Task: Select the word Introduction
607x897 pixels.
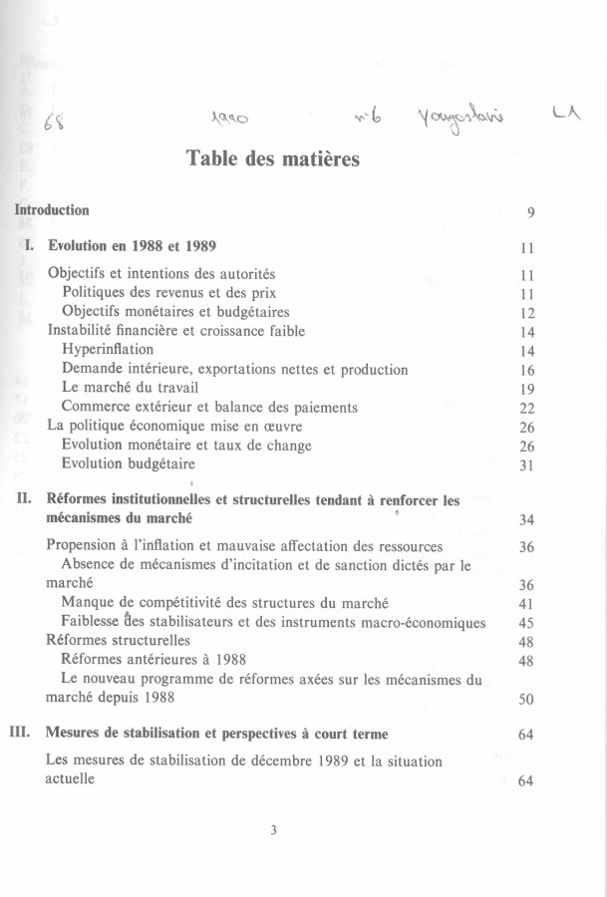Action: (51, 210)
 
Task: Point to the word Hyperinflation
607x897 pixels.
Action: (108, 350)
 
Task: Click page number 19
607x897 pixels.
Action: (528, 389)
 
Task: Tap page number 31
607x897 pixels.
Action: (528, 464)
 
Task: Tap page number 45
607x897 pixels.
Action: (528, 623)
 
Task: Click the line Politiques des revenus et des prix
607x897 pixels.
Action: (168, 293)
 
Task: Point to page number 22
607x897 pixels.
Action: (528, 407)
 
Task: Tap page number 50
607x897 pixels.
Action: (528, 698)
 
